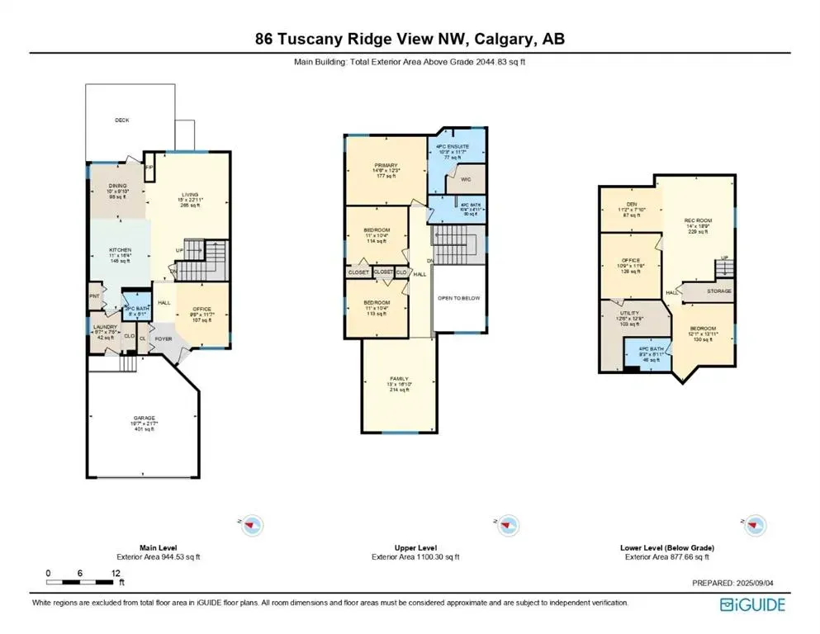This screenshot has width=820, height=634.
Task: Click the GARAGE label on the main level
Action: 145,419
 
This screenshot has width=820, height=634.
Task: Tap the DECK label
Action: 122,121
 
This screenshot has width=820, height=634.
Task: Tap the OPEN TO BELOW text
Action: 458,298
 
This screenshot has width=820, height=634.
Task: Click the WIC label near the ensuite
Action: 465,178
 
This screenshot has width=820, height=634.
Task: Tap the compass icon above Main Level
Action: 253,524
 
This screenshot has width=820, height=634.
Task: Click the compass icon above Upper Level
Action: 507,524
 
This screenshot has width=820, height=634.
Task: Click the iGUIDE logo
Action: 752,605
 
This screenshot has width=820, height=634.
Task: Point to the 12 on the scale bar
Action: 115,573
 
